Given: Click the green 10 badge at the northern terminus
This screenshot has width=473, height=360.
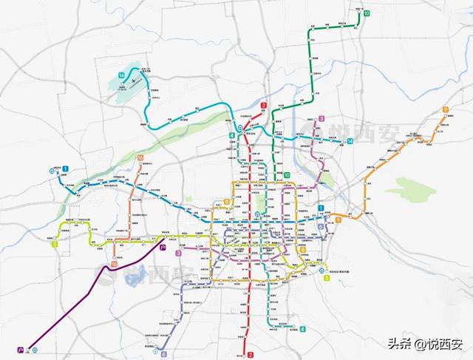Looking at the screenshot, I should click(x=367, y=13).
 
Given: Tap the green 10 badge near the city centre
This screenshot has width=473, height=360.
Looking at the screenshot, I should click(x=287, y=174).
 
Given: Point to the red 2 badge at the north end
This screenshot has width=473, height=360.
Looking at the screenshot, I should click(x=264, y=106).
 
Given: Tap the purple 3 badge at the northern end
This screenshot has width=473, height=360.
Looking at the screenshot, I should click(x=321, y=119).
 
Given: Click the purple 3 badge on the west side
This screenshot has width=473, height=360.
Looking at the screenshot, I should click(x=178, y=254).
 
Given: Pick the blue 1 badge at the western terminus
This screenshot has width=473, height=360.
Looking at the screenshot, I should click(x=65, y=169).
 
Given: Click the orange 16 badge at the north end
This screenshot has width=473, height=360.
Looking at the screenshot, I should click(x=140, y=157).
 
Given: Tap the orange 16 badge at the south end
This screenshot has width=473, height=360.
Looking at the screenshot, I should click(x=114, y=264).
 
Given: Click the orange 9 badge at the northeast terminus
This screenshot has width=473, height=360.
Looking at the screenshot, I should click(x=446, y=110).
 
